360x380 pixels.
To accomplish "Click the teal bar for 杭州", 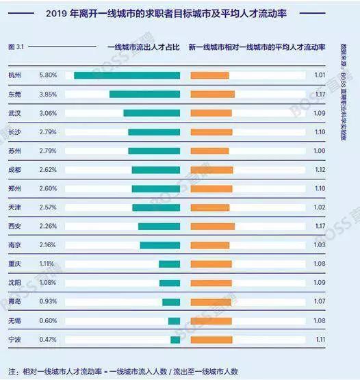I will click(x=127, y=75).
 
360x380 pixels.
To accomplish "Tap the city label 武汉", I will click(x=14, y=113).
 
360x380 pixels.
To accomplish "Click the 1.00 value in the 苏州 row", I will click(x=319, y=151).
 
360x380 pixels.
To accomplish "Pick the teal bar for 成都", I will click(x=156, y=170).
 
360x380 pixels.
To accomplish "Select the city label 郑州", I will click(x=14, y=188).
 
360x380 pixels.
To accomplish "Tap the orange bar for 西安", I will click(x=212, y=226).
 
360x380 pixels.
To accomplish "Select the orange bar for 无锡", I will click(x=211, y=320).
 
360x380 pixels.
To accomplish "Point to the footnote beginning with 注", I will click(x=123, y=370).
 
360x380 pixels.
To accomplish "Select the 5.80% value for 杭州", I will click(x=48, y=75).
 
